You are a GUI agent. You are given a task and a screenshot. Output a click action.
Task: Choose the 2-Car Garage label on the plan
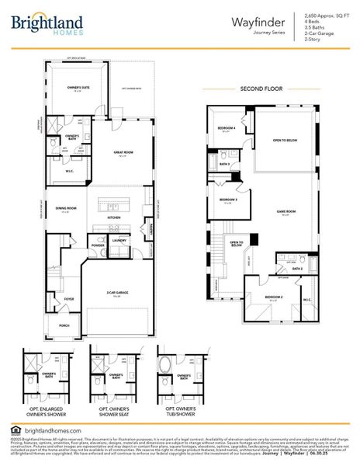tap(117, 293)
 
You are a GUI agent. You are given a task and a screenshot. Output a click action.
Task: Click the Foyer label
tap(69, 298)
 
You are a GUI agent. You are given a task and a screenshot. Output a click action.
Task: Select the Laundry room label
tap(119, 241)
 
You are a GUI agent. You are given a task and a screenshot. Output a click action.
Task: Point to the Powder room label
tap(98, 245)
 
